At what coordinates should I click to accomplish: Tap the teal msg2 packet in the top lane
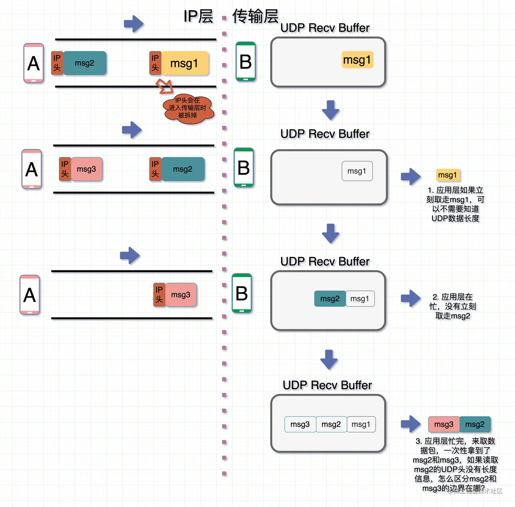pyautogui.click(x=84, y=63)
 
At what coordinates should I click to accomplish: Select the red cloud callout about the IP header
pyautogui.click(x=188, y=108)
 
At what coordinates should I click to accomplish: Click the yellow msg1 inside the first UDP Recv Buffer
pyautogui.click(x=357, y=60)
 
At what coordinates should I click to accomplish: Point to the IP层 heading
pyautogui.click(x=198, y=16)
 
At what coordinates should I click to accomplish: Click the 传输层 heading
pyautogui.click(x=255, y=16)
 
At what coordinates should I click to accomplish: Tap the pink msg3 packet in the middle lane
pyautogui.click(x=87, y=169)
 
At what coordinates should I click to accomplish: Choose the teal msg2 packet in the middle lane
pyautogui.click(x=183, y=169)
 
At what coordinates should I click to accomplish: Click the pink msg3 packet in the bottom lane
pyautogui.click(x=181, y=295)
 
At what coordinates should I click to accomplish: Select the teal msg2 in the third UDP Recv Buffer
pyautogui.click(x=330, y=299)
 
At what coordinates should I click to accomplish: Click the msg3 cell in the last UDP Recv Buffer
pyautogui.click(x=300, y=424)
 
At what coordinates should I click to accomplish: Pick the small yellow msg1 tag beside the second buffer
pyautogui.click(x=448, y=175)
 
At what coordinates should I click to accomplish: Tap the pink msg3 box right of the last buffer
pyautogui.click(x=444, y=424)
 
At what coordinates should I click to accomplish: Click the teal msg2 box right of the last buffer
pyautogui.click(x=475, y=424)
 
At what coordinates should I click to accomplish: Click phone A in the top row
pyautogui.click(x=33, y=63)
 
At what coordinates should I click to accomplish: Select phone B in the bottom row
pyautogui.click(x=242, y=293)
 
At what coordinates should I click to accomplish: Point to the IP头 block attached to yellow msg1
pyautogui.click(x=155, y=63)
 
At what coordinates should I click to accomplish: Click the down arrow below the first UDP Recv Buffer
pyautogui.click(x=330, y=110)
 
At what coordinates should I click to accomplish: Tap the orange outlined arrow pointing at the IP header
pyautogui.click(x=165, y=86)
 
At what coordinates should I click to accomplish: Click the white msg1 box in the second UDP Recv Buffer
pyautogui.click(x=357, y=171)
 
